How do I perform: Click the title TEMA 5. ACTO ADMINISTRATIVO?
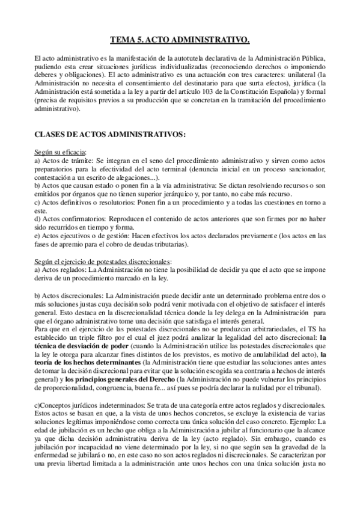pos(180,41)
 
